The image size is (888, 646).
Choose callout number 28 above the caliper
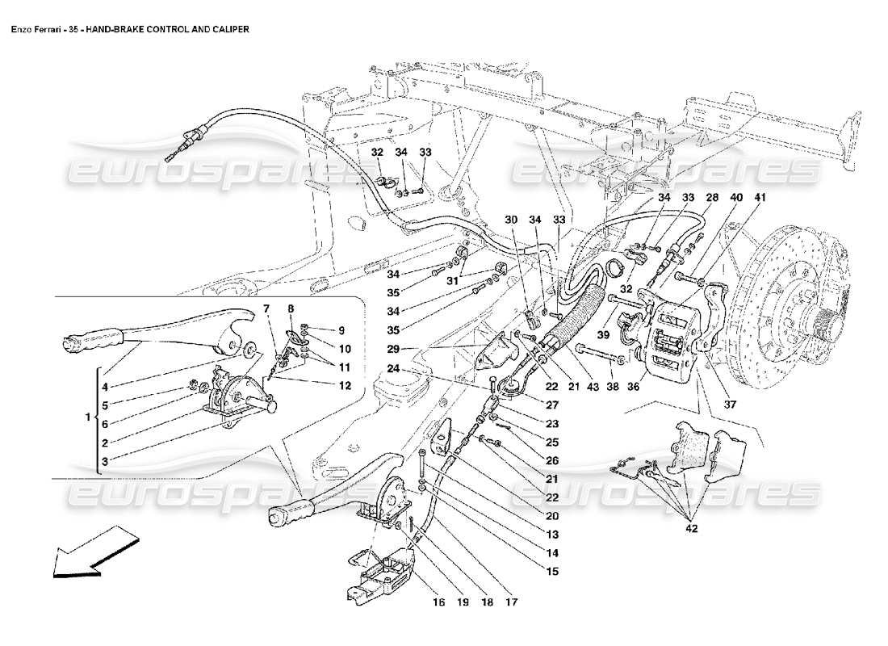tap(711, 197)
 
